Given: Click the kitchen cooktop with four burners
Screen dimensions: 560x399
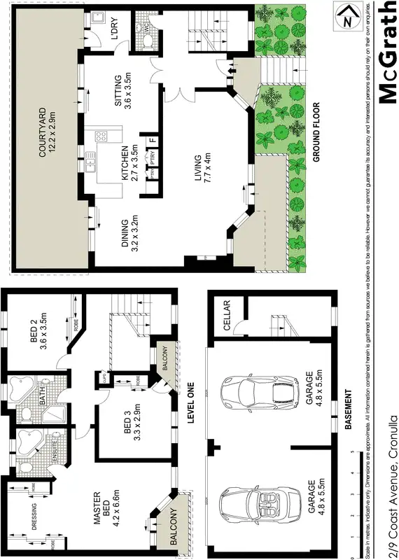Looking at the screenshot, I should point(100,136).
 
